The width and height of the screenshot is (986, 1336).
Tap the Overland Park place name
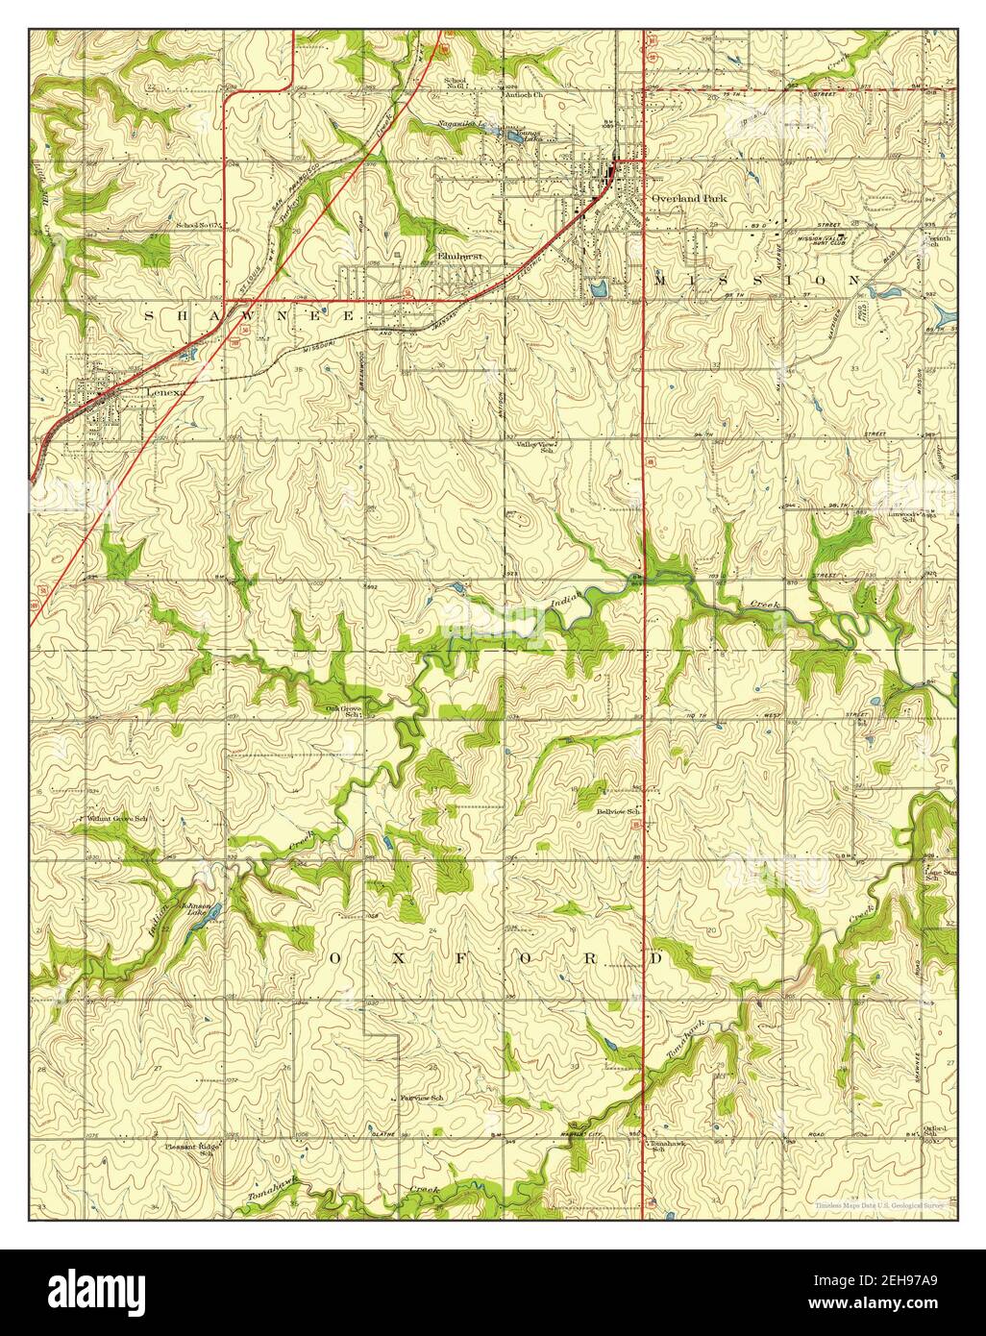[689, 198]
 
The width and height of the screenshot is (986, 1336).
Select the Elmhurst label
[457, 257]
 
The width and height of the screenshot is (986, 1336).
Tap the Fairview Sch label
[421, 1098]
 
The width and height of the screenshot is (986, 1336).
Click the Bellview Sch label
[618, 812]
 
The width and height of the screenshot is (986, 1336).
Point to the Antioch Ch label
[525, 95]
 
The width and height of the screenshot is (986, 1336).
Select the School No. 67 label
[198, 226]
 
